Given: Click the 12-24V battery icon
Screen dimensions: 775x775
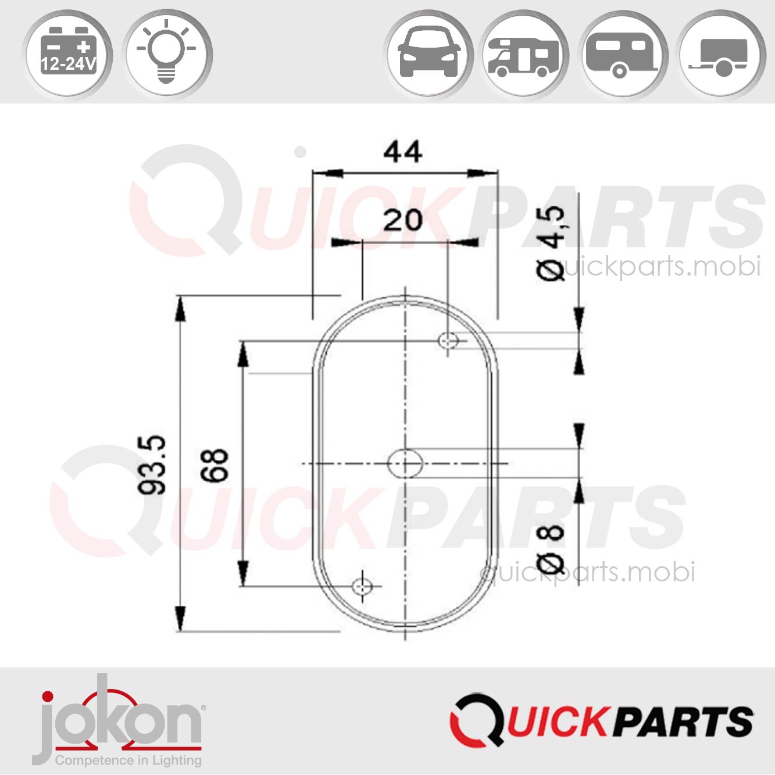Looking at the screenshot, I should click(x=67, y=55).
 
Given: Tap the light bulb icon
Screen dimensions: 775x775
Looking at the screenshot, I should click(x=167, y=55).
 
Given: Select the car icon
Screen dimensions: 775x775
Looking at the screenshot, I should click(x=428, y=54).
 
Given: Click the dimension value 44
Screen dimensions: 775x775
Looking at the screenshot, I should click(x=402, y=152).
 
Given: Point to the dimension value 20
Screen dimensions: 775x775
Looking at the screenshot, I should click(x=402, y=220).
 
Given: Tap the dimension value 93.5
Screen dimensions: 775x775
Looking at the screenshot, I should click(x=152, y=464).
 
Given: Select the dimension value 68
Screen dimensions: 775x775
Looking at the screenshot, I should click(x=215, y=465).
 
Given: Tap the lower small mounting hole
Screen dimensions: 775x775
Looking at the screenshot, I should click(x=363, y=586).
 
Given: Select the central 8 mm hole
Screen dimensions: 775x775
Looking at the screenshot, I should click(x=405, y=463).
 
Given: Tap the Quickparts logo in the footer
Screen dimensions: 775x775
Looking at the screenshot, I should click(x=602, y=721).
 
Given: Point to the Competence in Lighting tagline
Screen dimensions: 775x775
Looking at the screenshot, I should click(x=128, y=760).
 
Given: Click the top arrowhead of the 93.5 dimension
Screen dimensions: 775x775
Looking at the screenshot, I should click(x=180, y=308).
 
